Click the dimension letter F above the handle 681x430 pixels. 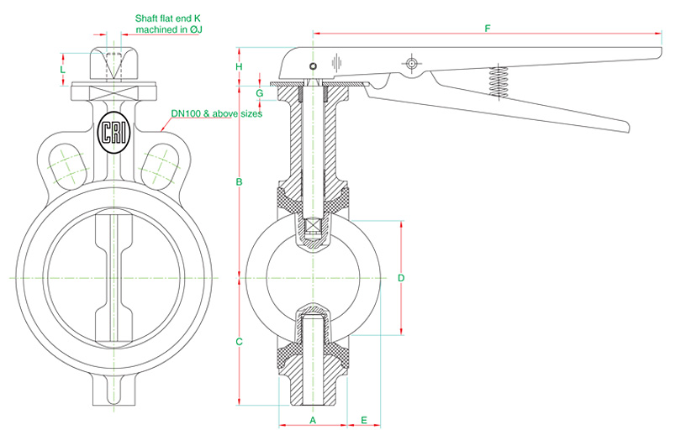point(487,29)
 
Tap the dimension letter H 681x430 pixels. point(239,66)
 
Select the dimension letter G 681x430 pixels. point(259,92)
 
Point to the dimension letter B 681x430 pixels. point(239,181)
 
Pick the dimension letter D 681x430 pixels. point(401,276)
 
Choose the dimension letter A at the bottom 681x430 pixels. point(313,417)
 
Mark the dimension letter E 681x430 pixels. point(364,417)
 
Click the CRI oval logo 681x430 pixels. point(112,133)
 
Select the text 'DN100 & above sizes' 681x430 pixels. point(217,113)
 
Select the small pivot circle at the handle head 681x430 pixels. point(313,66)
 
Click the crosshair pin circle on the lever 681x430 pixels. point(410,65)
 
